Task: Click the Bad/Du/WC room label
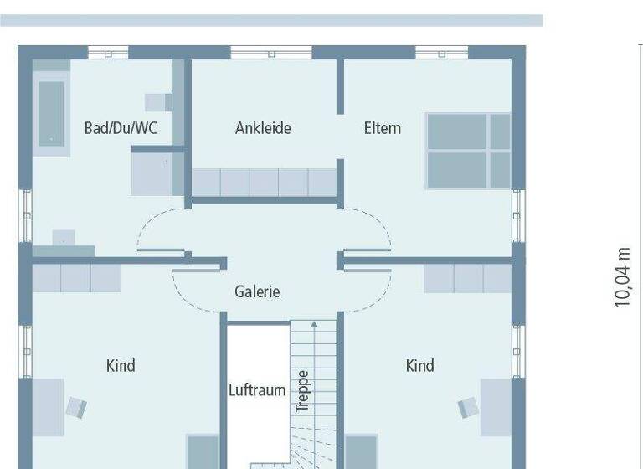[x=121, y=128]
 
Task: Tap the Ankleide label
[x=263, y=128]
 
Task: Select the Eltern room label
[x=382, y=128]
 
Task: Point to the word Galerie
[x=257, y=292]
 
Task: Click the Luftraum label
[x=257, y=390]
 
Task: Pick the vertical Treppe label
[x=303, y=391]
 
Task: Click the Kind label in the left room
[x=121, y=366]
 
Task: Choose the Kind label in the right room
[x=420, y=366]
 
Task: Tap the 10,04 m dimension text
[x=622, y=277]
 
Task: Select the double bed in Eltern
[x=468, y=151]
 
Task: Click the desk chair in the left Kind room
[x=76, y=407]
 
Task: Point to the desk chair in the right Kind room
[x=467, y=408]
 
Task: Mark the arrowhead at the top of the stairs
[x=314, y=323]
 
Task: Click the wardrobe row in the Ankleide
[x=264, y=182]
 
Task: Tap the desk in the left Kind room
[x=48, y=407]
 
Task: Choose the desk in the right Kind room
[x=496, y=407]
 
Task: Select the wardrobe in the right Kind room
[x=466, y=278]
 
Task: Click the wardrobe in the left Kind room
[x=76, y=278]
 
